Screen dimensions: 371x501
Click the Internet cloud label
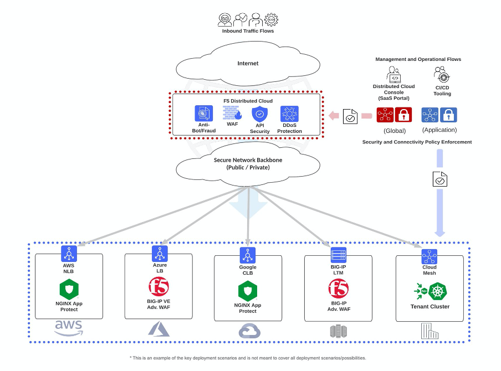click(248, 63)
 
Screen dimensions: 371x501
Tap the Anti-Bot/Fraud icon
click(203, 114)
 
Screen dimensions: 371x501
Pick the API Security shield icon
click(260, 114)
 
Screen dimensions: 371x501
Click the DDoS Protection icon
click(289, 114)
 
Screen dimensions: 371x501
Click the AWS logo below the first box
click(69, 328)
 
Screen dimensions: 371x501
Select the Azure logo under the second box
click(159, 329)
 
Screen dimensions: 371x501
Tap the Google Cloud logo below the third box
click(249, 331)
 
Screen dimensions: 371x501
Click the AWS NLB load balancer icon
click(69, 254)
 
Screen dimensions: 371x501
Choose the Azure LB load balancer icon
click(160, 254)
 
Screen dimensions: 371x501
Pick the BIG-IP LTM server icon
click(339, 255)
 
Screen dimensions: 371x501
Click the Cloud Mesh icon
click(429, 257)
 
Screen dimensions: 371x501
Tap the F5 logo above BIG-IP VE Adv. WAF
click(159, 287)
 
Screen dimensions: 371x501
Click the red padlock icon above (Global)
click(403, 115)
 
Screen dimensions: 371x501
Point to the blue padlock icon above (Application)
click(448, 115)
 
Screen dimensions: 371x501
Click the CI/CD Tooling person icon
click(442, 74)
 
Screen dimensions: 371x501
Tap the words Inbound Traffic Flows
click(248, 31)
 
